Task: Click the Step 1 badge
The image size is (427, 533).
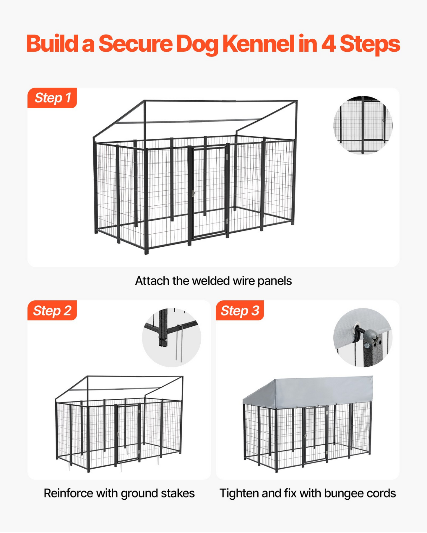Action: coord(52,98)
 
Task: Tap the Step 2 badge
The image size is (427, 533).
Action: coord(52,310)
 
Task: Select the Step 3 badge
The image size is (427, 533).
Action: coord(240,310)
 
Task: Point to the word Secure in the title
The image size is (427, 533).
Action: coord(135,44)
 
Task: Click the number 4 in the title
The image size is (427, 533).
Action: coord(328,44)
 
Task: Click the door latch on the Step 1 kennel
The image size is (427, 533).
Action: coord(193,194)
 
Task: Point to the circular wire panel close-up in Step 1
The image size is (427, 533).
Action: coord(363,125)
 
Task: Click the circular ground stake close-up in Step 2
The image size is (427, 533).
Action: coord(172,338)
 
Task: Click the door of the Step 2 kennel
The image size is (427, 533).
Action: coord(128,433)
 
